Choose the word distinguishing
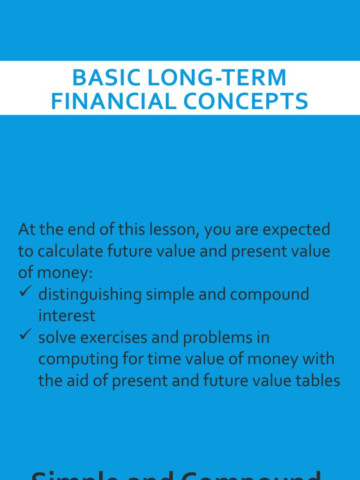click(x=90, y=294)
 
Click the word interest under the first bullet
click(x=67, y=315)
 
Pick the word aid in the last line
click(x=82, y=381)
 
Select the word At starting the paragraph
click(x=26, y=230)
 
